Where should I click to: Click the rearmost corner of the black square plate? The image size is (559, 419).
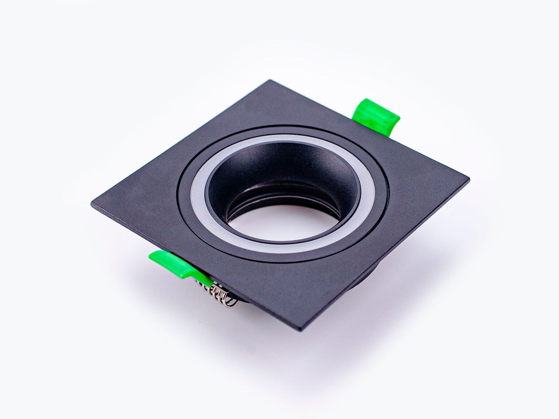coord(269,82)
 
